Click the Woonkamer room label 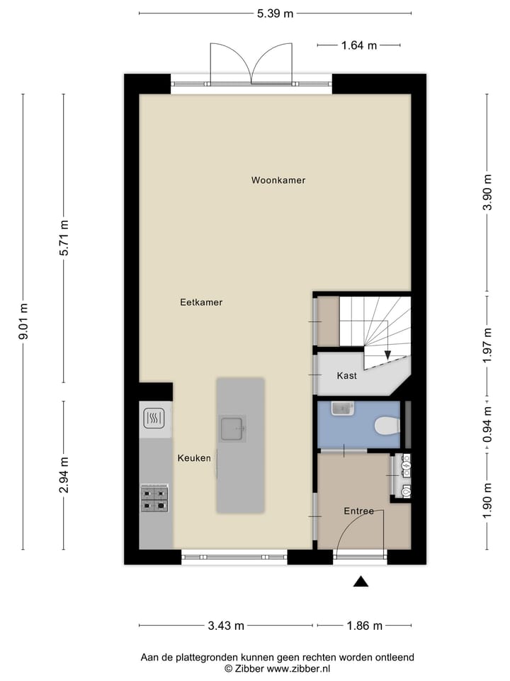pos(278,180)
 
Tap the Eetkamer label pos(201,302)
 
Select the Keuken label pos(194,458)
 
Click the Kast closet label pos(346,376)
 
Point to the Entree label pos(359,511)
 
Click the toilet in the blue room pos(387,426)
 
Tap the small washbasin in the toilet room pos(341,409)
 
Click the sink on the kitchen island pos(232,428)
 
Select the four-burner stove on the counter pos(154,499)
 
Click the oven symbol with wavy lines pos(154,419)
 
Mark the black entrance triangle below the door pos(361,582)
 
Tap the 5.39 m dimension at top pos(276,13)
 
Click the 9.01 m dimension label pos(23,321)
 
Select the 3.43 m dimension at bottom pos(226,626)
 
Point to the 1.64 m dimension pos(360,45)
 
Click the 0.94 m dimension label pos(487,424)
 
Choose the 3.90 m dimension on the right pos(487,192)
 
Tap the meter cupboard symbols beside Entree pos(406,475)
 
